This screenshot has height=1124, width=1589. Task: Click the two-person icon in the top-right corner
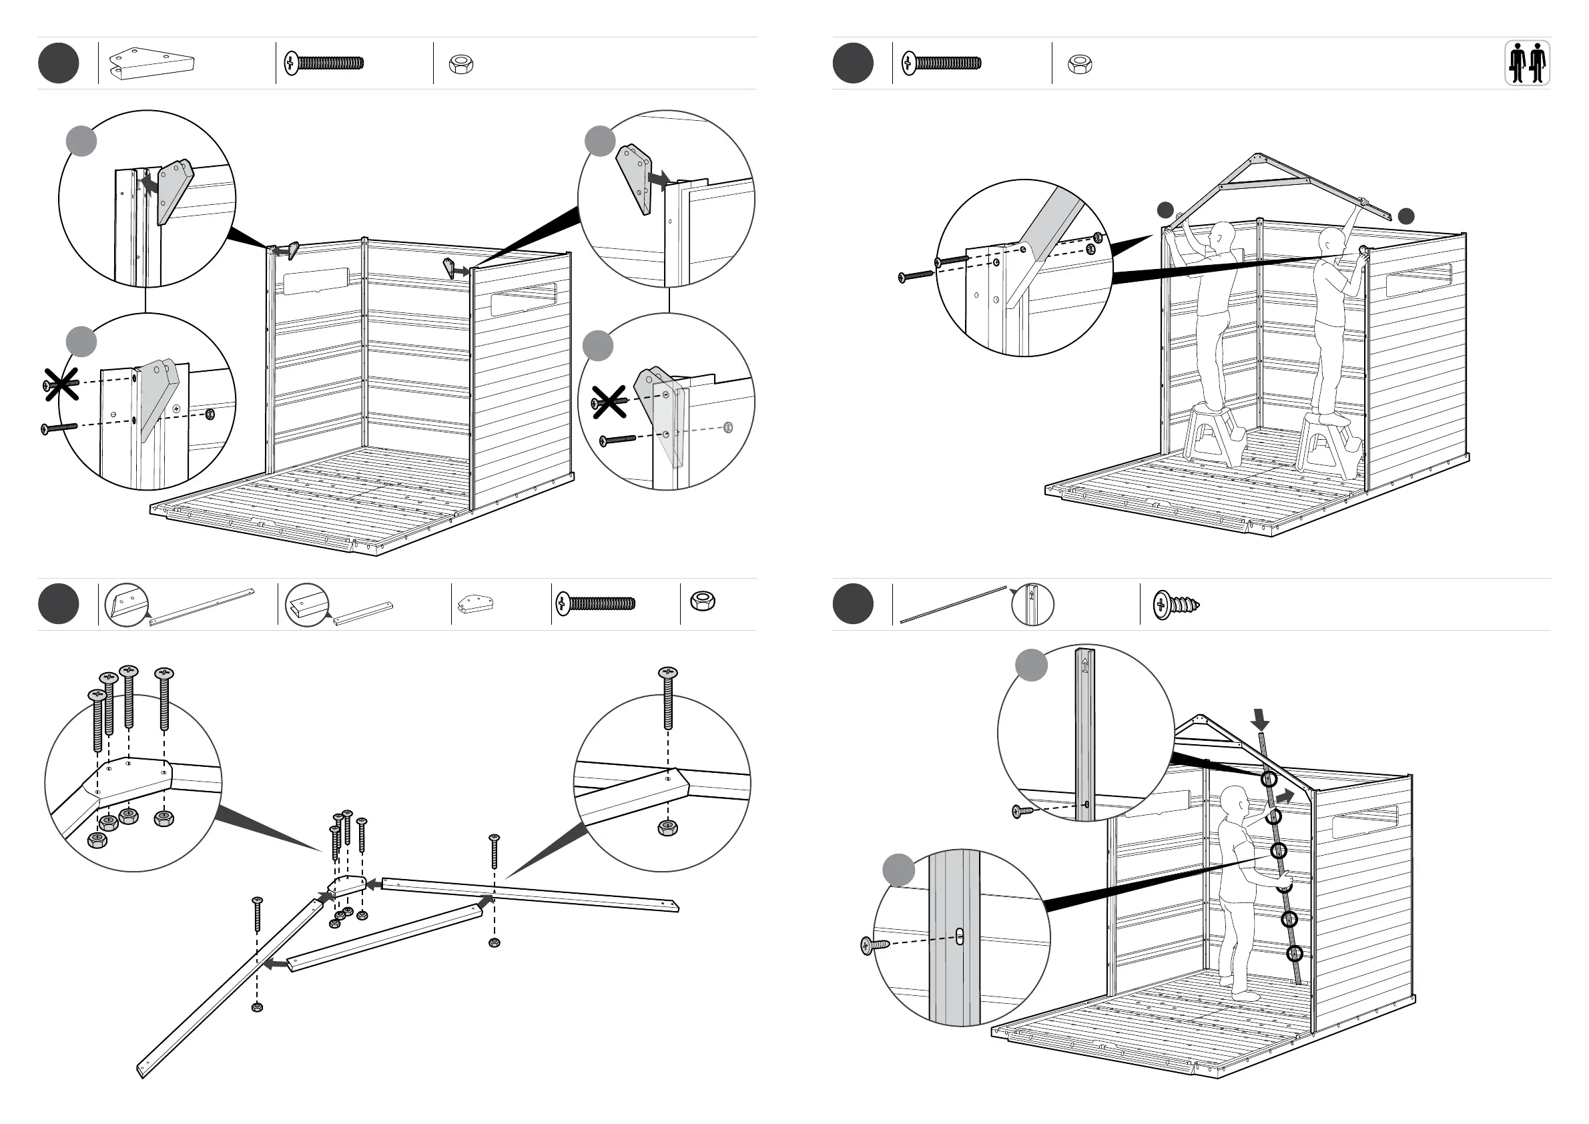[1528, 63]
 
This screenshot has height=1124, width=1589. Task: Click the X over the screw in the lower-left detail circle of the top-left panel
[61, 384]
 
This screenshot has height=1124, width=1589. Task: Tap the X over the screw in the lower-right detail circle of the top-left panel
[609, 402]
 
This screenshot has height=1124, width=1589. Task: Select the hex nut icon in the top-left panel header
[461, 64]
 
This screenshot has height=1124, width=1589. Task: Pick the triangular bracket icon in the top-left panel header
[151, 63]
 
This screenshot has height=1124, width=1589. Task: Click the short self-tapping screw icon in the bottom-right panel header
[1176, 605]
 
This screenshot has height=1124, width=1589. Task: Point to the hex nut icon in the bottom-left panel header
[703, 601]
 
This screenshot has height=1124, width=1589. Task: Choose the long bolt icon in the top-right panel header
[941, 63]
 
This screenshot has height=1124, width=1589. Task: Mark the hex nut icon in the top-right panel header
[1080, 64]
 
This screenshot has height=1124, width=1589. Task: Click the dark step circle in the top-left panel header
[59, 63]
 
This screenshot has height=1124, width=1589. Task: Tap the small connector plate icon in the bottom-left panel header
[475, 604]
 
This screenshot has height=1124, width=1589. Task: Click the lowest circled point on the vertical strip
[1294, 954]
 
